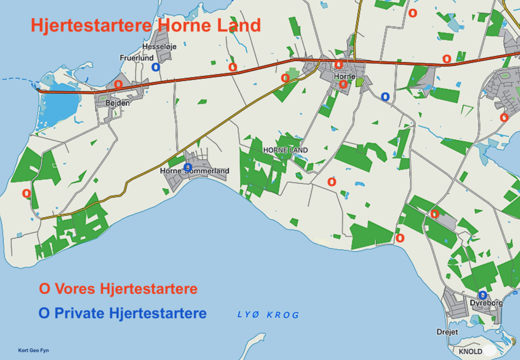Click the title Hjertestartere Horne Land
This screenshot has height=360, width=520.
tap(146, 25)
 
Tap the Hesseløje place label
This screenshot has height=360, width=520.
tap(159, 46)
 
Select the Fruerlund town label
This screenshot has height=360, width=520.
tap(137, 58)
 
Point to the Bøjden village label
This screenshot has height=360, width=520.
tap(117, 103)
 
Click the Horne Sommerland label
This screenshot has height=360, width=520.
tap(194, 171)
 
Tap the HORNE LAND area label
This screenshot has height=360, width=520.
tap(285, 150)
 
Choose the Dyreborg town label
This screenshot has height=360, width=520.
tap(486, 303)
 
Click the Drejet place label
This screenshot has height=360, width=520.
tap(447, 332)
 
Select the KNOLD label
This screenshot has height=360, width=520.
tap(470, 351)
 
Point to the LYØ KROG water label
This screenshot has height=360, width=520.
tap(268, 315)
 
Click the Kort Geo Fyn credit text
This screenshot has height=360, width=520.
tap(34, 350)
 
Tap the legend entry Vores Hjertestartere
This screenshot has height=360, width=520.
tap(118, 289)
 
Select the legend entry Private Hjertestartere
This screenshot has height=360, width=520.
tap(122, 313)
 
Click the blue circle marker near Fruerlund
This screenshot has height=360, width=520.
tap(155, 67)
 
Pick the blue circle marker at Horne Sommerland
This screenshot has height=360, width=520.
tap(187, 167)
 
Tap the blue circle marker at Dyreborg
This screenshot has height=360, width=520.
tap(482, 295)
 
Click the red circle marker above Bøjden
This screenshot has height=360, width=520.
tap(118, 84)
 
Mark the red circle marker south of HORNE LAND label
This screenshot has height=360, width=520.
tap(332, 182)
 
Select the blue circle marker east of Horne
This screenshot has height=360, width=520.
tap(385, 96)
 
